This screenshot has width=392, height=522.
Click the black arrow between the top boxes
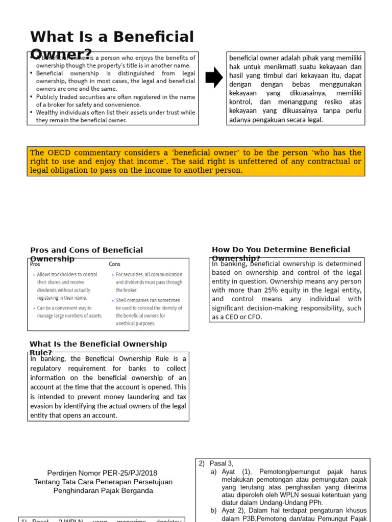[214, 77]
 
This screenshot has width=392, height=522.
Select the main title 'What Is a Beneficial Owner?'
[112, 44]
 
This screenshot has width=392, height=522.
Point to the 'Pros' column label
[35, 264]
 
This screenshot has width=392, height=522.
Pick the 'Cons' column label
[115, 264]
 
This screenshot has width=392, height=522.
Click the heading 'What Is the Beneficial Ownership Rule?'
[98, 348]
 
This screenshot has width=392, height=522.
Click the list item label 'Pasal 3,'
[221, 463]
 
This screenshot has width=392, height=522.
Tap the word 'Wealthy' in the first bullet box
[50, 112]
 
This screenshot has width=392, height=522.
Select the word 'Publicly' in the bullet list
[50, 97]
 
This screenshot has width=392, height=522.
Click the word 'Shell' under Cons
[122, 300]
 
